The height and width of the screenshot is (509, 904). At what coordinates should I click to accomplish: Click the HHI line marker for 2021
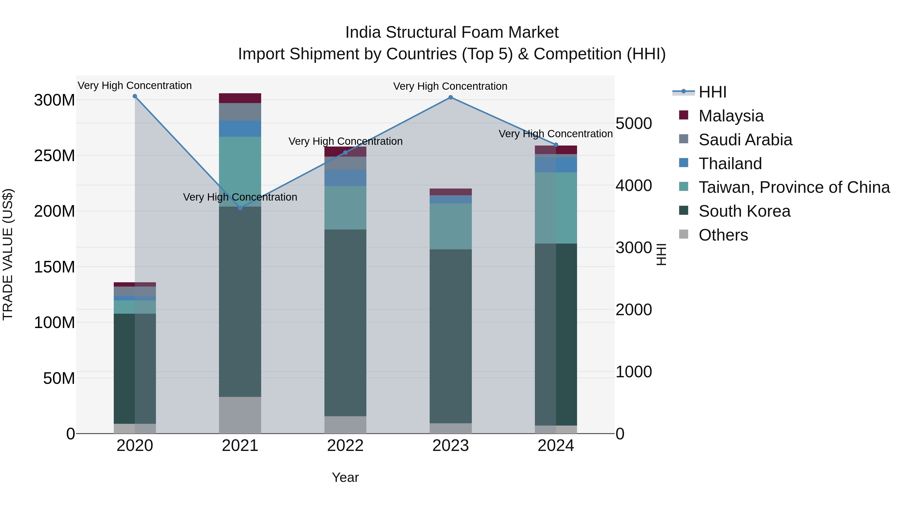240,208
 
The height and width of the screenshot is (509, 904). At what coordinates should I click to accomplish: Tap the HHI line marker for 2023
450,97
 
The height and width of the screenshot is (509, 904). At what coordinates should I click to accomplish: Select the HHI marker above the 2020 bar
135,96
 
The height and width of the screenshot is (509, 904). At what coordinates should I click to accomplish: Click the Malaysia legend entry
731,116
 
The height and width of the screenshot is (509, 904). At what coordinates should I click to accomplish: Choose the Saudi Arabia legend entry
745,140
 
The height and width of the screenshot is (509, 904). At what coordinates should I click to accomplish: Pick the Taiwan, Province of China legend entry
794,187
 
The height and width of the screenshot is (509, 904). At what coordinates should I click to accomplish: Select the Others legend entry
723,235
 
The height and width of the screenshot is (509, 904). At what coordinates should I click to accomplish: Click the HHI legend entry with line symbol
712,92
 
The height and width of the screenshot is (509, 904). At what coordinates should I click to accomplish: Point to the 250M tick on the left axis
54,156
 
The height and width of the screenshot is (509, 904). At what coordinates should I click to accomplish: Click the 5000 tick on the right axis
634,123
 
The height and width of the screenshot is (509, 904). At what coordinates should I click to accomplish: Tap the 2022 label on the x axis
345,446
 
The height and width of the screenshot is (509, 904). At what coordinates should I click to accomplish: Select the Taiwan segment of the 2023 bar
450,226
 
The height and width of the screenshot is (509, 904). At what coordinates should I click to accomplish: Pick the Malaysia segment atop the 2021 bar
240,98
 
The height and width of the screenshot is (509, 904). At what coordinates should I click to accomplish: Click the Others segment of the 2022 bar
345,425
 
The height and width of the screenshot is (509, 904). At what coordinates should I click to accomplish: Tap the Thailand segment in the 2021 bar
240,128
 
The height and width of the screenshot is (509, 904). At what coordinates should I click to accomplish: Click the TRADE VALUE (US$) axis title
8,254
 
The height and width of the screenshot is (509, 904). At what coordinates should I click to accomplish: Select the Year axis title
345,477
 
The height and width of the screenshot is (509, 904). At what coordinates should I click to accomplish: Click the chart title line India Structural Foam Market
452,32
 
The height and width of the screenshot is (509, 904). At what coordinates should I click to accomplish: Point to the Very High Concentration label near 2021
240,197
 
